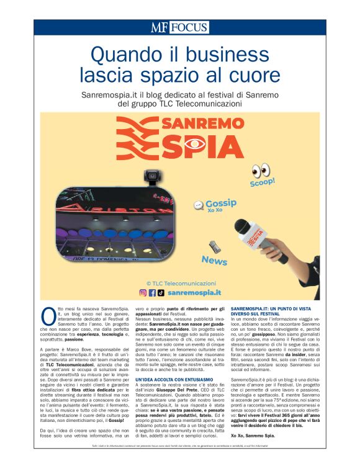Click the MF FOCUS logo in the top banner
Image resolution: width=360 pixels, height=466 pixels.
coord(179,27)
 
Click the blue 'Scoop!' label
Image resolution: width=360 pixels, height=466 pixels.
coord(262,184)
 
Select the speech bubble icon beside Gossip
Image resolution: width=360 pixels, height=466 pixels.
coord(199,205)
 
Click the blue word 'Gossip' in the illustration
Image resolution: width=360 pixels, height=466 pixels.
coord(221,203)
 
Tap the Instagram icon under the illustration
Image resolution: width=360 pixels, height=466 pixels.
coord(143,292)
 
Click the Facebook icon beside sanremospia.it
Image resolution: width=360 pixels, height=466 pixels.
coord(152,292)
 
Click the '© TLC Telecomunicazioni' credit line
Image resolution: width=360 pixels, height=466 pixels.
coord(179,282)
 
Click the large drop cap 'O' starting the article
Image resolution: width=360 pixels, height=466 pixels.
coord(48,314)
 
